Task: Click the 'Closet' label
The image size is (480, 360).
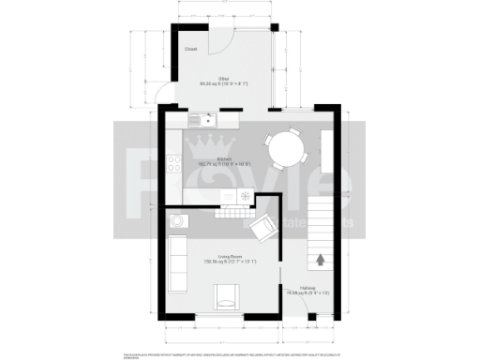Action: click(x=190, y=49)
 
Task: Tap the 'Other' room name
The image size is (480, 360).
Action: click(x=224, y=78)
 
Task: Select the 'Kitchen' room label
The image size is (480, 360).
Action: click(x=225, y=160)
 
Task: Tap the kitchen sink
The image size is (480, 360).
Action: click(x=202, y=120)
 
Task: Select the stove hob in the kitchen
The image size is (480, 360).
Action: click(x=174, y=165)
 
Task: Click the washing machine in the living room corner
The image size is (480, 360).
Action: click(x=178, y=222)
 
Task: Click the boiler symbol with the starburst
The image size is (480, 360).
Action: click(x=243, y=195)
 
